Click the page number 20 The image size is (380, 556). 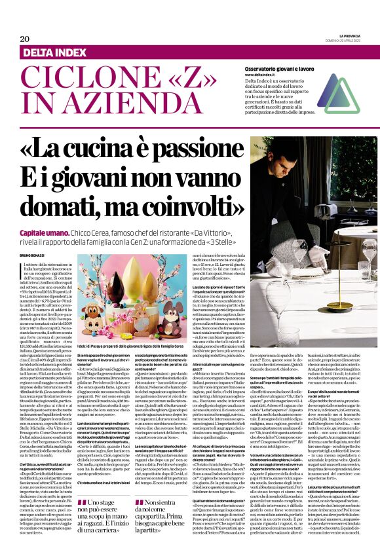coord(15,39)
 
